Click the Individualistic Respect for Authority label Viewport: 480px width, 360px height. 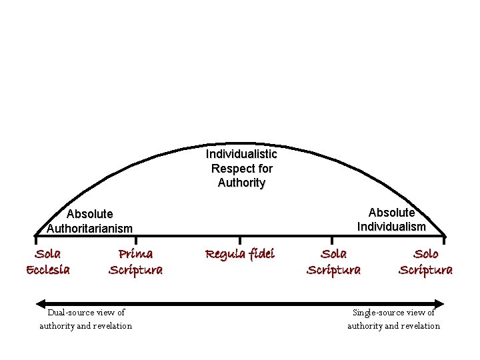pos(241,169)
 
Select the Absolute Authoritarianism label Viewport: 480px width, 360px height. pos(89,221)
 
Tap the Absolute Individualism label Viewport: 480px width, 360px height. pos(391,219)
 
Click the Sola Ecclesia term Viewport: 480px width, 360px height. pos(47,262)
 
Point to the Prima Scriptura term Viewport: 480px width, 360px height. pos(135,262)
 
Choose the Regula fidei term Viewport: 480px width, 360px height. pos(240,254)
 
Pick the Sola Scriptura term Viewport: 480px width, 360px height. pos(333,262)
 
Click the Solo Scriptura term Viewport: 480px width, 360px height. pos(425,262)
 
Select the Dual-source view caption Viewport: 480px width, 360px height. pos(85,319)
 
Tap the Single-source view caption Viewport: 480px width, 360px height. pos(393,319)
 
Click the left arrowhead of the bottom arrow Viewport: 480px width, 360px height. pos(38,305)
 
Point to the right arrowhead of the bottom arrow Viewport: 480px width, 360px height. pos(441,305)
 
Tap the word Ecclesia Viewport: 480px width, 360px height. pos(47,270)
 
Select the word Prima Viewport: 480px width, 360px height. pos(135,254)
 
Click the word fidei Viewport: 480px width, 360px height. pos(261,254)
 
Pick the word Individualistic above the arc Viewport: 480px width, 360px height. pos(241,155)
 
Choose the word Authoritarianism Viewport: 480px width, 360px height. pos(89,229)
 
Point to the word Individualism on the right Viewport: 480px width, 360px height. pos(391,227)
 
